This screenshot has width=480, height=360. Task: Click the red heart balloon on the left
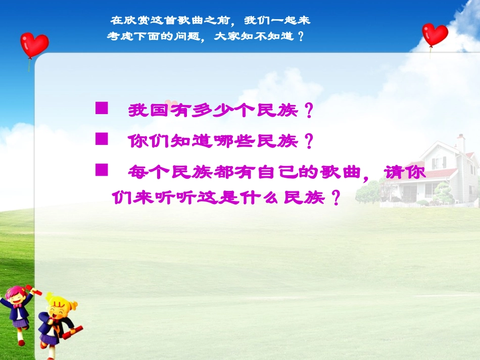pos(34,44)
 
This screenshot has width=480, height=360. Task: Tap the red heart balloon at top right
pos(435,34)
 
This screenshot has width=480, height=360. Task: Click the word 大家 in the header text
pos(226,36)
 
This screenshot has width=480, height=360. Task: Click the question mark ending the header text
pos(302,36)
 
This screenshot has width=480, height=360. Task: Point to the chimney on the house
pos(460,143)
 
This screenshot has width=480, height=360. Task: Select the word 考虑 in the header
pos(119,36)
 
